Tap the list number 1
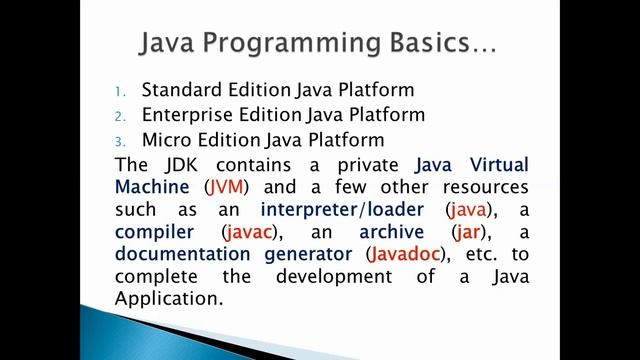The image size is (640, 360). pyautogui.click(x=119, y=91)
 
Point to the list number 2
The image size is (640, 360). pyautogui.click(x=119, y=115)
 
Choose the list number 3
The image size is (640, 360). pyautogui.click(x=119, y=140)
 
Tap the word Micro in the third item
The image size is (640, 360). pyautogui.click(x=167, y=139)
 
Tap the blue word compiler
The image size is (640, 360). pyautogui.click(x=155, y=232)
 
